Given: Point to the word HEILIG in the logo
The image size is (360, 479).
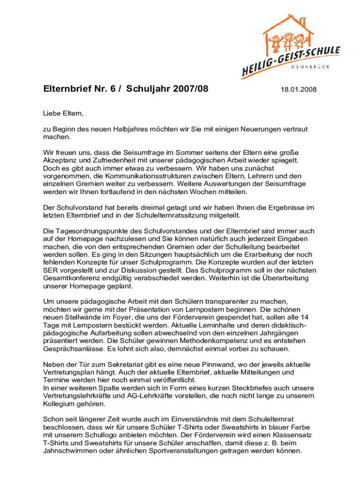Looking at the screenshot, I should (x=259, y=69).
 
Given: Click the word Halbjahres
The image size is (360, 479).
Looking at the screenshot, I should (x=128, y=129).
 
